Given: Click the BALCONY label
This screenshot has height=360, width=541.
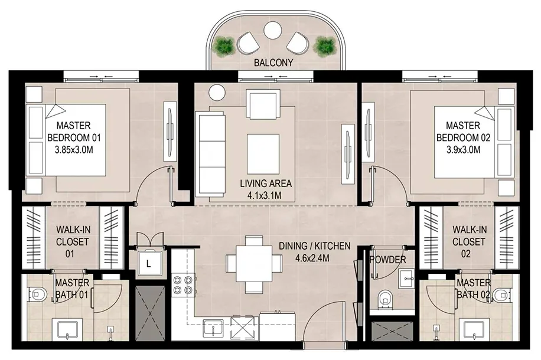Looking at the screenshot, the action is [x=273, y=63].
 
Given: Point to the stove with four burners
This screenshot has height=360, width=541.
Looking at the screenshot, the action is [x=184, y=284].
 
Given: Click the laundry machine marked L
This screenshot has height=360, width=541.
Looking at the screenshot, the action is [x=149, y=263].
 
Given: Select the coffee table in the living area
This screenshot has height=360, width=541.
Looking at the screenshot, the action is [x=263, y=154].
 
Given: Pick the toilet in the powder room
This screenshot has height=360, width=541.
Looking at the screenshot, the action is [x=384, y=299].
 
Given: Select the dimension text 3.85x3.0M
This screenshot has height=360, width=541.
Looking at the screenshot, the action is [x=74, y=150].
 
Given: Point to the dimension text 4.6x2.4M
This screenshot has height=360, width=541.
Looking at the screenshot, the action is [x=312, y=257].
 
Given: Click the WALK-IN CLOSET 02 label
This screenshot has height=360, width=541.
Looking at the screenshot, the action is [x=469, y=242].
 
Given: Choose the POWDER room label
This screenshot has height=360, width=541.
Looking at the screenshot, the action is [x=388, y=260].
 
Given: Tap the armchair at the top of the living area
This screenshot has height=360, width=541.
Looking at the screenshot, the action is [x=263, y=104].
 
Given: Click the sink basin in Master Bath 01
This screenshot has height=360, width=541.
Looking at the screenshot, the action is [x=67, y=330].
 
